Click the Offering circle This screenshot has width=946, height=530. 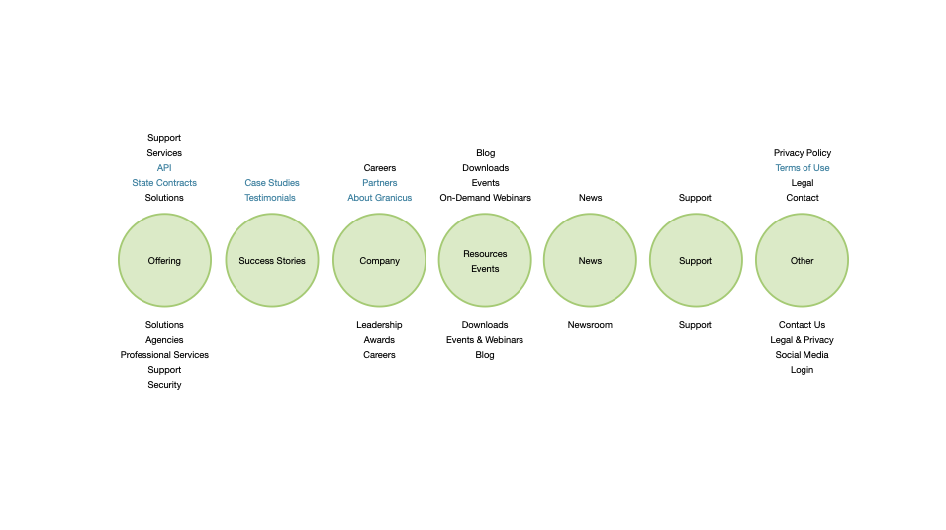(164, 261)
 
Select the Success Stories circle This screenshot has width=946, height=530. (272, 261)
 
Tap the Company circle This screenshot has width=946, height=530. (379, 261)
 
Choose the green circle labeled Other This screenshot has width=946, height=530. (802, 261)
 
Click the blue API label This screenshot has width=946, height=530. (164, 168)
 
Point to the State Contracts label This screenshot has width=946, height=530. (164, 183)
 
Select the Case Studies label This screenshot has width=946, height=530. (272, 183)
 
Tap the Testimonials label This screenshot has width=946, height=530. (270, 198)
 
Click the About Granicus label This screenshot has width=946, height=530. (379, 198)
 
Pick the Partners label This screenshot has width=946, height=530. (379, 183)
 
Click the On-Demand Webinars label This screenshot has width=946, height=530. (485, 198)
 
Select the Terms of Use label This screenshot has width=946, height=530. (802, 168)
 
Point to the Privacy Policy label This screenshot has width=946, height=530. (802, 153)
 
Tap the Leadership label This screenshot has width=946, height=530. (379, 325)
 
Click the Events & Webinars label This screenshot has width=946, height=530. (485, 340)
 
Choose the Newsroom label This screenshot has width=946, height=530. (590, 325)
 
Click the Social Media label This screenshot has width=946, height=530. (802, 355)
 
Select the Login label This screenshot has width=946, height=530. (802, 370)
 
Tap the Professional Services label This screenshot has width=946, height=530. (164, 355)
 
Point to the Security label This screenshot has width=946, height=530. (164, 385)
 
